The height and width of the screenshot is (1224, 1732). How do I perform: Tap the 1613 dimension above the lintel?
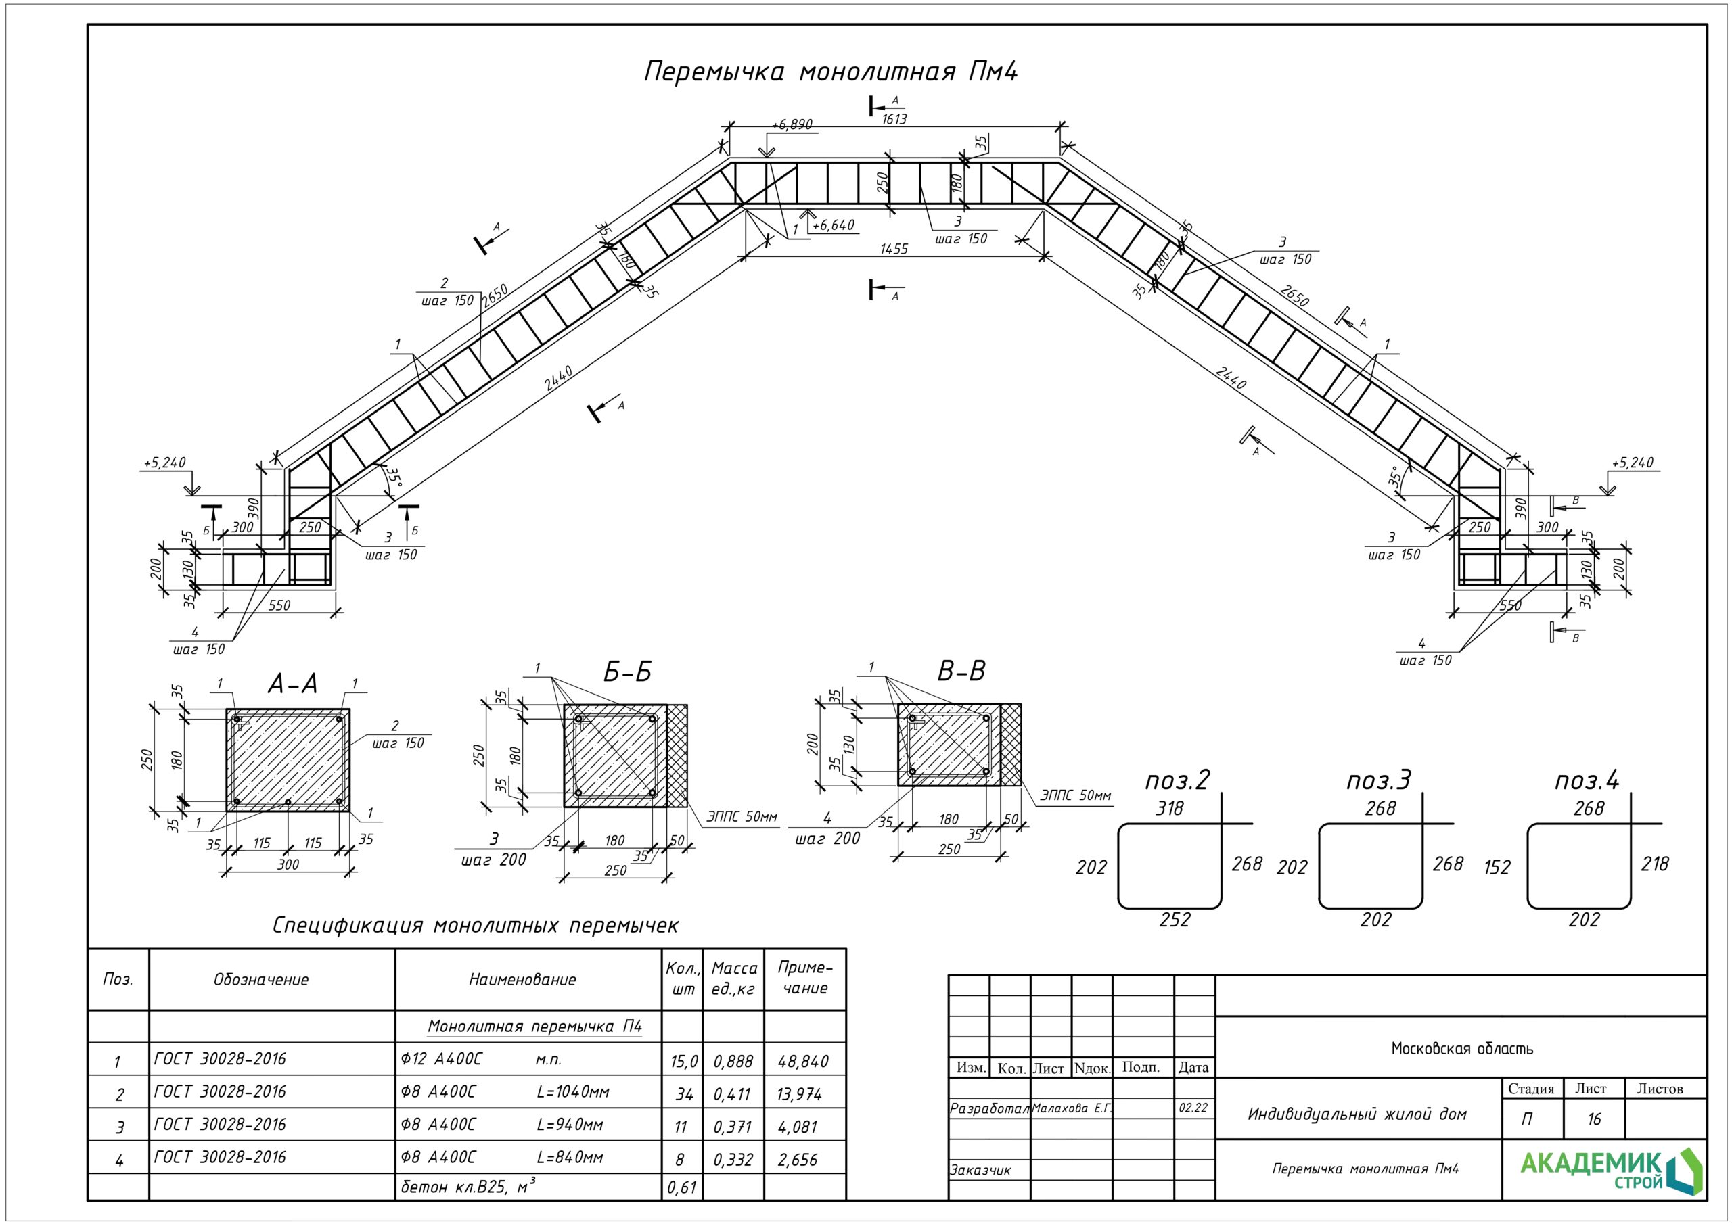894,119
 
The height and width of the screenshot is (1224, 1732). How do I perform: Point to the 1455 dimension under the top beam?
894,248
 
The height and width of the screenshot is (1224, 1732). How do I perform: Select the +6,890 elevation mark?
792,124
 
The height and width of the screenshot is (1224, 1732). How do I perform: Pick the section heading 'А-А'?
293,684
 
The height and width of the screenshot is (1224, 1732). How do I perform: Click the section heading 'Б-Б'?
627,672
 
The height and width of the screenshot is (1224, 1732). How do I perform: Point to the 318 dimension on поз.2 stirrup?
1169,809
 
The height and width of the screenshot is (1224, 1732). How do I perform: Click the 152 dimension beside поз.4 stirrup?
1497,868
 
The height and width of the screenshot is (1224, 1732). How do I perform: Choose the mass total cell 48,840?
802,1062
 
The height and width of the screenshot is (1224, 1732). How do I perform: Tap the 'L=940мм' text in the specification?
570,1125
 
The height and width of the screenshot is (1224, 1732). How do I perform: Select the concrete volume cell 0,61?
681,1187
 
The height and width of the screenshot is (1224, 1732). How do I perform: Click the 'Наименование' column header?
522,980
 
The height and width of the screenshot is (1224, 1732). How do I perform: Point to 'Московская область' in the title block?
1462,1048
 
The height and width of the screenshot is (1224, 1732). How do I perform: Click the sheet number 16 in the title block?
1593,1119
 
